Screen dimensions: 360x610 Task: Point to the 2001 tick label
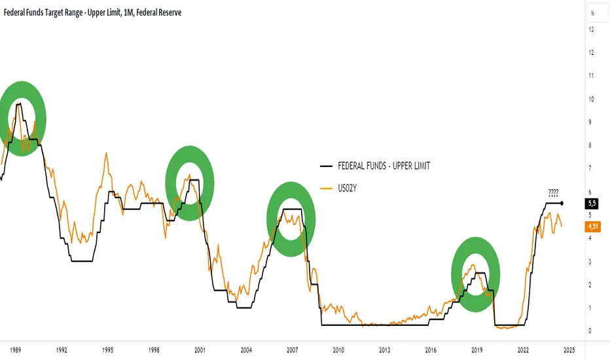[200, 350]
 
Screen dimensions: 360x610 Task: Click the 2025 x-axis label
[569, 350]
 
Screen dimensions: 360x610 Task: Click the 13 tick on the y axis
[591, 29]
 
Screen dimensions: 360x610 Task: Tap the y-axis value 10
[591, 99]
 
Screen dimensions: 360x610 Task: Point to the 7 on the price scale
[591, 169]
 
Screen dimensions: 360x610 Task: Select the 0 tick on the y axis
[591, 331]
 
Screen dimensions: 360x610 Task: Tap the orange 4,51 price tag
[594, 227]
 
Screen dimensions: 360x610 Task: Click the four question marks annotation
[553, 193]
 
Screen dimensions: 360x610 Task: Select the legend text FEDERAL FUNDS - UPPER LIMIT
[384, 166]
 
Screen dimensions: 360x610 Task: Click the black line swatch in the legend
[325, 166]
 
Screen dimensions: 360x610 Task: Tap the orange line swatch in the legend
[325, 188]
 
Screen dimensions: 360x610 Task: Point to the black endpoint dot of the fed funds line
[563, 204]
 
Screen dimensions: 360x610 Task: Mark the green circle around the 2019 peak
[476, 274]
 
